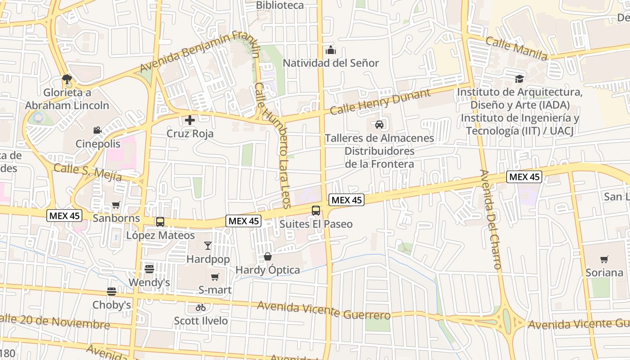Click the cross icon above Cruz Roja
coord(190,120)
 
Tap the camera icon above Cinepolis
coord(97,130)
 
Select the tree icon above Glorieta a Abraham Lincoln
coord(67,79)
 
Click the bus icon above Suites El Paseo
coord(316,210)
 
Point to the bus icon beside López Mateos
coord(160,221)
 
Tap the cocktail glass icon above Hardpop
coord(207,245)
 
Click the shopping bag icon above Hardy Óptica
coord(268,256)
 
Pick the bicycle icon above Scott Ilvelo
coord(201,307)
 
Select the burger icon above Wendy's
coord(149,269)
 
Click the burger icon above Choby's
coord(112,291)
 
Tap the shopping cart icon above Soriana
coord(604,259)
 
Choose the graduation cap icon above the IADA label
coord(520,79)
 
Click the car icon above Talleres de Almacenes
coord(379,124)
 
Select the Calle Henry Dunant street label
coord(380,101)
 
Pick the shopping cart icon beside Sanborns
coord(116,205)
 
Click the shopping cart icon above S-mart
coord(215,277)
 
